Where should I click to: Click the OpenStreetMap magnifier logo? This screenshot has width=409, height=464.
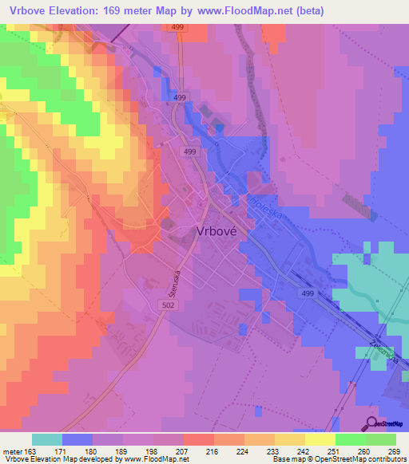coord(371,423)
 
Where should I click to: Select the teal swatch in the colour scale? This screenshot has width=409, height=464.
coord(47,440)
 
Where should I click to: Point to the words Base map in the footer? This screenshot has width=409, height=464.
coord(287,458)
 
